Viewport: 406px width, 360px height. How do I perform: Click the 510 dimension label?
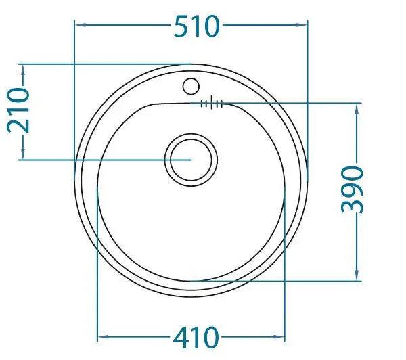point(197,26)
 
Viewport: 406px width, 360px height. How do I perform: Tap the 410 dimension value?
point(196,338)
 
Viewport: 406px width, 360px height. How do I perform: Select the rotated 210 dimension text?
point(18,110)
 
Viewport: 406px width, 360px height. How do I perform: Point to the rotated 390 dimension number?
point(353,190)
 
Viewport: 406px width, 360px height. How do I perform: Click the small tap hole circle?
point(191,86)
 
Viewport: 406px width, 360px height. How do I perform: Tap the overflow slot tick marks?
point(212,103)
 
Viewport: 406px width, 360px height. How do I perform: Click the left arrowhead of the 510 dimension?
point(81,25)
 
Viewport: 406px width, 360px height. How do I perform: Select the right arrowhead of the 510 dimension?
point(302,25)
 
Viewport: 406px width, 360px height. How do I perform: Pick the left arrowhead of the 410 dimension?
point(103,337)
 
